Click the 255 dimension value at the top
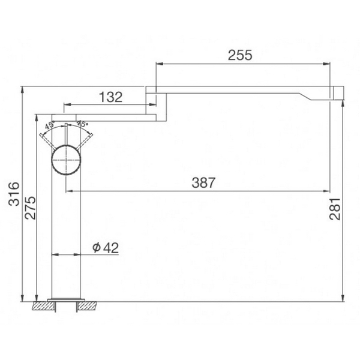(240, 55)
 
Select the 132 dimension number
(109, 97)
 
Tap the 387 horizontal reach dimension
(203, 183)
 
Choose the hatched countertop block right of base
(89, 306)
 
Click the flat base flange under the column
(67, 298)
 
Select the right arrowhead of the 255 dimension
(329, 63)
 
